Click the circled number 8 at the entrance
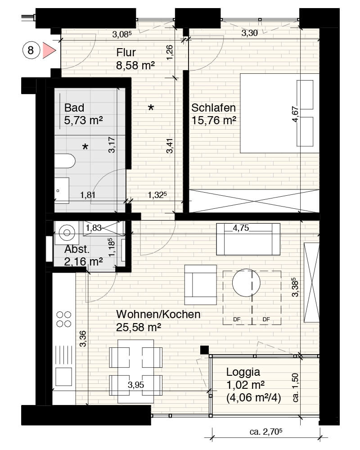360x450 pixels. point(31,50)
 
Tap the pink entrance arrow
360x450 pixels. point(49,50)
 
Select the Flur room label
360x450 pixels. point(126,53)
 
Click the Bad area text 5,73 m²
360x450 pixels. point(83,121)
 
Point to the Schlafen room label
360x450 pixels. point(213,108)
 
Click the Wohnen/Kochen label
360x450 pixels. point(158,314)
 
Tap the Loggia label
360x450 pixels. point(243,372)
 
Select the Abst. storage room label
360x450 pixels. point(77,249)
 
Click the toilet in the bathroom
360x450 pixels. point(65,161)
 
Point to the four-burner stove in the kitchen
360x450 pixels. point(64,319)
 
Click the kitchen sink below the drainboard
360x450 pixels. point(64,377)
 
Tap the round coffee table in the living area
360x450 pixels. point(246,283)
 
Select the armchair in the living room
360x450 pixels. point(200,285)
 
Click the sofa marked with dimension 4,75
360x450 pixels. point(248,239)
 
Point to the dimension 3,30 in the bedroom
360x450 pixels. point(249,33)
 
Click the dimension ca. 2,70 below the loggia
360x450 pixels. point(266,432)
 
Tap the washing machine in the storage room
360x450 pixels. point(67,232)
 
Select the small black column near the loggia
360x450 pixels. point(204,350)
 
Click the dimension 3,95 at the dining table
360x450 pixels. point(136,385)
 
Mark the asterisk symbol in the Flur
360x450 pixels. point(151,108)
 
